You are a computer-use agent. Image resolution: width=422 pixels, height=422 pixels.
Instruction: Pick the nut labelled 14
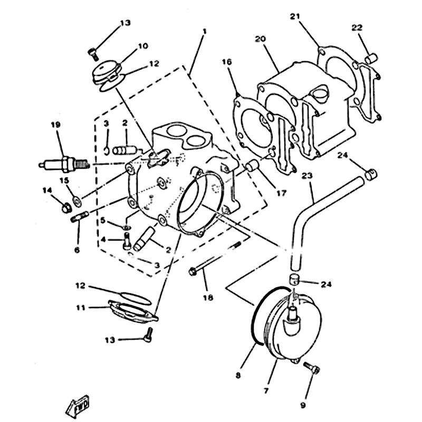66,207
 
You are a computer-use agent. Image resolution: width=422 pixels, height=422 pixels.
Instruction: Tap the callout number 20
259,39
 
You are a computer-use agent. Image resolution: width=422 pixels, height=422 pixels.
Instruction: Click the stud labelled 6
81,217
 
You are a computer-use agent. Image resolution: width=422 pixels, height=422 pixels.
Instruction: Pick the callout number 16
227,62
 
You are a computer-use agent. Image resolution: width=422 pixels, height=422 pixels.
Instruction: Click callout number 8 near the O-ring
238,375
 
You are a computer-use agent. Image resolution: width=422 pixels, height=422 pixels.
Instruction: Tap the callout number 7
266,391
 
